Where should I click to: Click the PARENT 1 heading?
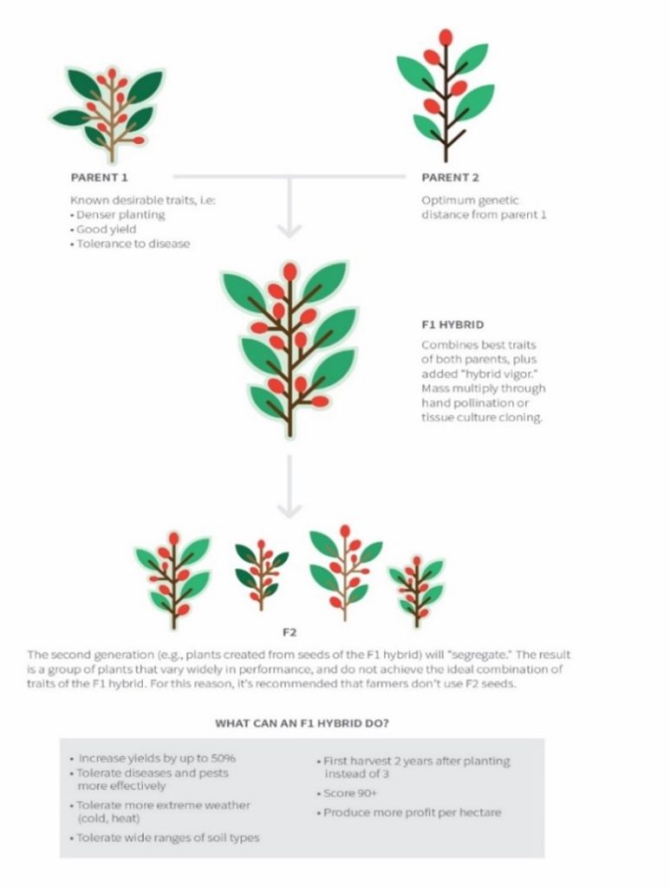[x=99, y=179]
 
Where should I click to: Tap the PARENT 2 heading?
[x=450, y=179]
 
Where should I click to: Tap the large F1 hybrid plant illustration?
[x=289, y=347]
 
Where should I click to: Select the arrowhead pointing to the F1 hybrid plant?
[x=289, y=230]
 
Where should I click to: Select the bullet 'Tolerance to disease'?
[x=133, y=244]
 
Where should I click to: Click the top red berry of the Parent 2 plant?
[x=446, y=37]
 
